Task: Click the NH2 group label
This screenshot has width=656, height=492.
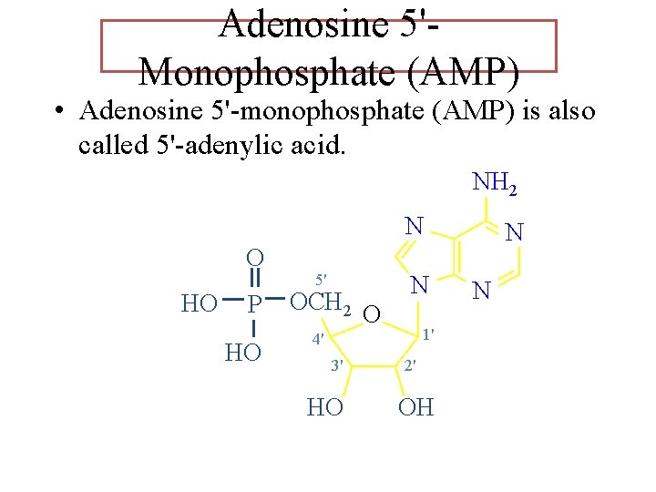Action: click(x=495, y=183)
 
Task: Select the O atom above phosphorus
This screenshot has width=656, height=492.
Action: click(x=256, y=259)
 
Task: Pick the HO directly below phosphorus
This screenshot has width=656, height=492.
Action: click(x=242, y=353)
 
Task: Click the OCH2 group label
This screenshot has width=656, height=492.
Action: click(x=320, y=302)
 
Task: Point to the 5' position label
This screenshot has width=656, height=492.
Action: click(x=321, y=278)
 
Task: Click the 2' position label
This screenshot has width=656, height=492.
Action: click(x=410, y=366)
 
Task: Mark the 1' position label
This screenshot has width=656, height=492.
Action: click(x=426, y=333)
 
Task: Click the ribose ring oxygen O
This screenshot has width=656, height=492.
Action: click(x=370, y=316)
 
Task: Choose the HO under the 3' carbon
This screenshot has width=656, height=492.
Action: click(x=325, y=407)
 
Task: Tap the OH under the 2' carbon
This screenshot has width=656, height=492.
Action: click(x=416, y=407)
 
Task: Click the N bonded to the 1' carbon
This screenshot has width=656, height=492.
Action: click(x=419, y=286)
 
